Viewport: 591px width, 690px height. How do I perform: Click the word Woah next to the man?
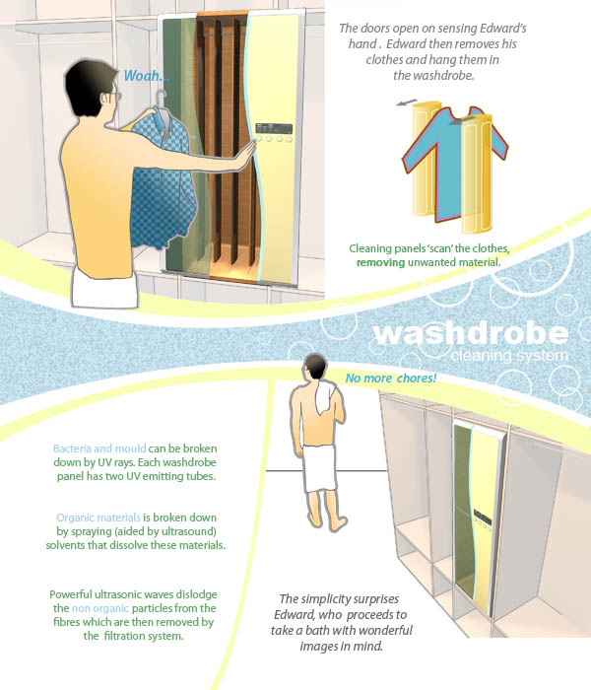(x=142, y=76)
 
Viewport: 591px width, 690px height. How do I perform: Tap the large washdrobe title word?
(x=471, y=333)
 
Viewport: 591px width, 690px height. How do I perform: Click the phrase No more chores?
(x=390, y=378)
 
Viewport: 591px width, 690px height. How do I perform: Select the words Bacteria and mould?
(x=99, y=448)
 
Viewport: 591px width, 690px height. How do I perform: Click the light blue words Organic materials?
(x=98, y=517)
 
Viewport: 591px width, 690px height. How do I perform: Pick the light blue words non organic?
(x=100, y=608)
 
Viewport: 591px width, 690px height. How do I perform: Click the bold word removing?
(x=380, y=263)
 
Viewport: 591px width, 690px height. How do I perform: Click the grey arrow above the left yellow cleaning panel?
(x=407, y=103)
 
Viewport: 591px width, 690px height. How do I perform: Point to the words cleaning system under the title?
(x=509, y=356)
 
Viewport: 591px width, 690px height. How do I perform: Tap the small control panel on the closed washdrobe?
(x=482, y=519)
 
